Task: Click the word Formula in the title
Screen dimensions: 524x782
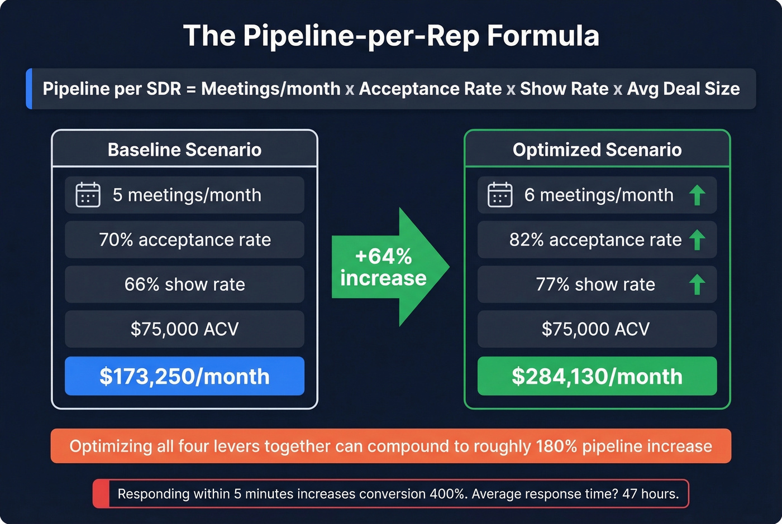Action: [x=543, y=36]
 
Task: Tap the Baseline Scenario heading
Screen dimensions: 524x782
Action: [x=184, y=150]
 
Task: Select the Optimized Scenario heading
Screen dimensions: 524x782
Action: [x=597, y=150]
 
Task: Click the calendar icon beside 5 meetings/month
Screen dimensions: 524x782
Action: [x=88, y=195]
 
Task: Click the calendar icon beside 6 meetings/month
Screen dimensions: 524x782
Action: [x=500, y=195]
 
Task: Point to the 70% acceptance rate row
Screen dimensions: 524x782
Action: [x=184, y=240]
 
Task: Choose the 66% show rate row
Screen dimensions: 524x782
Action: [x=184, y=285]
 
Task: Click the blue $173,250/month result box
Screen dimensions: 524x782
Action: [x=184, y=377]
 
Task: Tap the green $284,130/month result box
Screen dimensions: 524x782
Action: [x=597, y=377]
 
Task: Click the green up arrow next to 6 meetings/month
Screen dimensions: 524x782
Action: [x=697, y=195]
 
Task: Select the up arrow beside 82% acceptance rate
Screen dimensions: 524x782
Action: [x=697, y=240]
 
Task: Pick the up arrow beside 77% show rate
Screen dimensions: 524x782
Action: [x=697, y=285]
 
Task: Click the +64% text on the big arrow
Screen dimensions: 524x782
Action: [x=383, y=257]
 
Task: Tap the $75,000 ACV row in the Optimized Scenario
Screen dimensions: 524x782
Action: [x=596, y=329]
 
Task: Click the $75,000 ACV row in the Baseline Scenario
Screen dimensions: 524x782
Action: [x=184, y=329]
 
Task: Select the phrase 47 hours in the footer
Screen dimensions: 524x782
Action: [x=650, y=494]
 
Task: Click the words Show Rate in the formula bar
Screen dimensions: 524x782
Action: [x=564, y=89]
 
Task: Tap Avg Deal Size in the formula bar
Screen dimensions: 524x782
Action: [x=683, y=89]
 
